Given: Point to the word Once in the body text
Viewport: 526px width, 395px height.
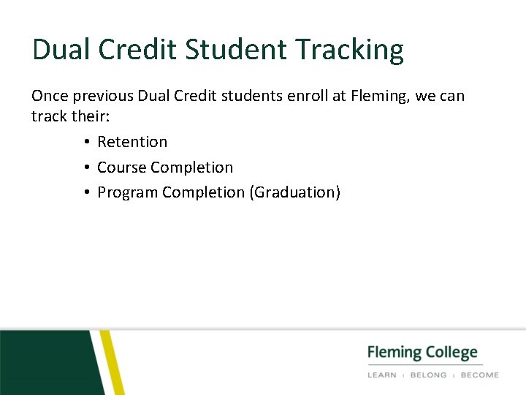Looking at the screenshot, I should [x=48, y=96].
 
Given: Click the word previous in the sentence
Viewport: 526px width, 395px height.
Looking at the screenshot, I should [x=102, y=96].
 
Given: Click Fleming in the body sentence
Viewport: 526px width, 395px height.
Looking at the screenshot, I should [x=375, y=96].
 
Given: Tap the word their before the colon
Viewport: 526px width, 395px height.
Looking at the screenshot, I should [x=88, y=116].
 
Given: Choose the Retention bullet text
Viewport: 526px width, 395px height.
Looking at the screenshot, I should [x=132, y=142].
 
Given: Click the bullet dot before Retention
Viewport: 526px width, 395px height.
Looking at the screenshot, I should [x=86, y=143].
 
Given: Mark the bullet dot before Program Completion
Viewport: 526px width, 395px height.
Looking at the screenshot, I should [x=86, y=193].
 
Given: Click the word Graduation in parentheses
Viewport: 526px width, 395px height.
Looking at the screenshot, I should [x=294, y=193].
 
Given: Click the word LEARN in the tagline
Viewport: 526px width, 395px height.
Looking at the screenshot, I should [x=381, y=375].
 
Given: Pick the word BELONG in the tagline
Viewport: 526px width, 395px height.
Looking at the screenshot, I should [x=429, y=375].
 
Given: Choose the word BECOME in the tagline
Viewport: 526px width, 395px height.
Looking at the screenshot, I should [x=479, y=375].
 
